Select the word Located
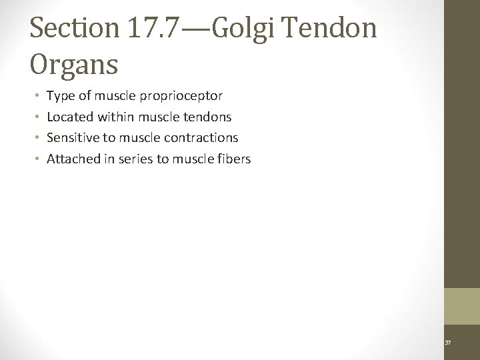(71, 117)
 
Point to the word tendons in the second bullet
(206, 117)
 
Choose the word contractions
(206, 137)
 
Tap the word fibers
(233, 159)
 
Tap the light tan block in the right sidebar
(462, 306)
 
